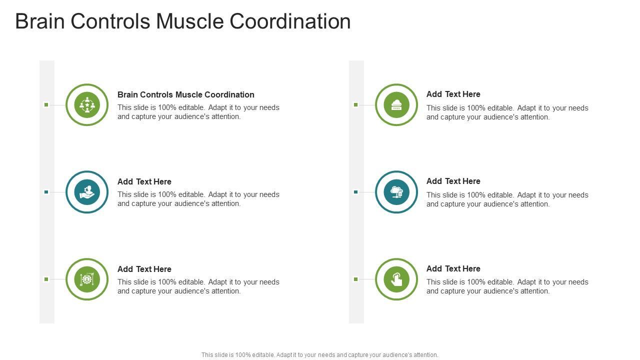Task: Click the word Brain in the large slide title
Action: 40,21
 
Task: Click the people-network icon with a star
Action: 87,105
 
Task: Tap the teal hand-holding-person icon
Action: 87,192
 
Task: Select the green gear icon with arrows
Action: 87,279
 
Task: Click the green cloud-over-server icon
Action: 396,105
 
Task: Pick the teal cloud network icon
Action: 396,192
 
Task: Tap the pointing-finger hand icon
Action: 396,279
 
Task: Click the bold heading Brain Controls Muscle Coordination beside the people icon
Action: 186,94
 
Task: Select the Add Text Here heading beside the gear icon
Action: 144,269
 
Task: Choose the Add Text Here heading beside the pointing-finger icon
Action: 453,268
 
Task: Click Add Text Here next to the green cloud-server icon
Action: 453,94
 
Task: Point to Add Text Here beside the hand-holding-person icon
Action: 144,181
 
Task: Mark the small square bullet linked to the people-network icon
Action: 46,104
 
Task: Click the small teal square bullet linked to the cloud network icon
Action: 355,192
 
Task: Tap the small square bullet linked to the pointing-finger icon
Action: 355,279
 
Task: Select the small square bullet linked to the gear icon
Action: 46,279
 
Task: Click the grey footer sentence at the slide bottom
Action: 320,355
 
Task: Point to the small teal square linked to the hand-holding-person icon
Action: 46,192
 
